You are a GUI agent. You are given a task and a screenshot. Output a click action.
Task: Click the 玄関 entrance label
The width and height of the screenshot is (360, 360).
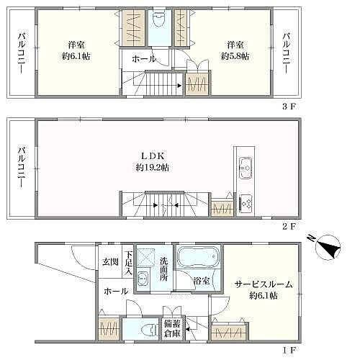click(x=110, y=261)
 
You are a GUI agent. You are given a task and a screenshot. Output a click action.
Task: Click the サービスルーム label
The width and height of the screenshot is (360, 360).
click(x=264, y=284)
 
